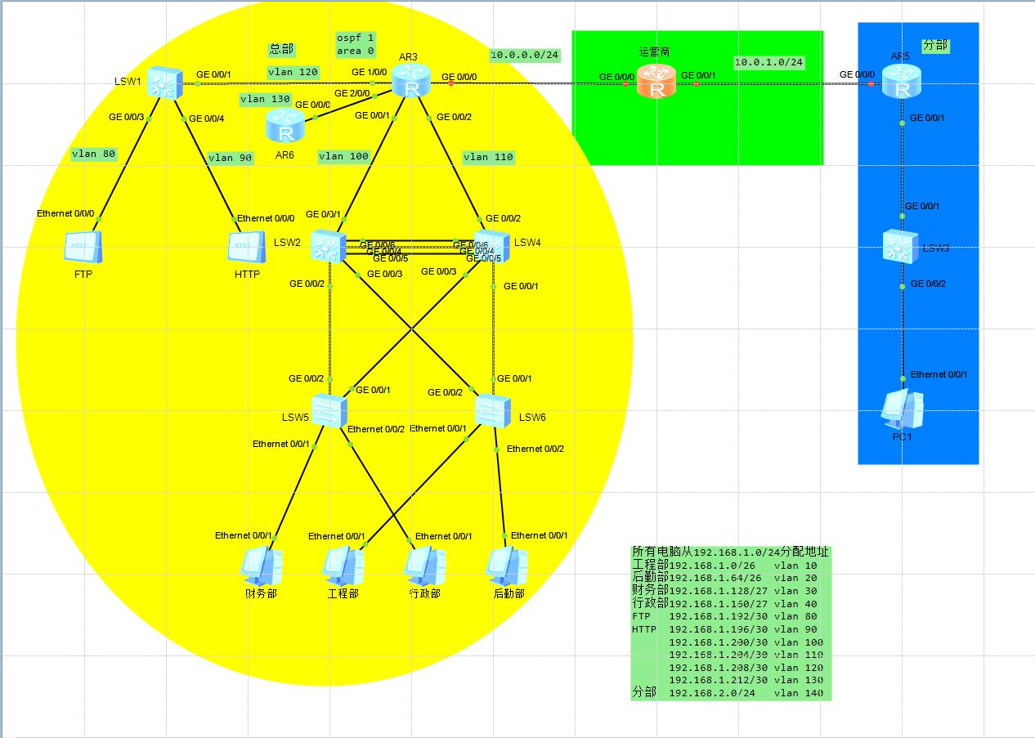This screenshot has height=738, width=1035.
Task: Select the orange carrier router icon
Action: [656, 83]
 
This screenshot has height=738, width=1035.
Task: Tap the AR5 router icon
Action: [902, 83]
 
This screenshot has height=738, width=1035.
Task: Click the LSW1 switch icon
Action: [166, 83]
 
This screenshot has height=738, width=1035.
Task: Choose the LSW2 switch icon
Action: [329, 246]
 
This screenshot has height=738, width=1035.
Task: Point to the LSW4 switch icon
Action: [492, 246]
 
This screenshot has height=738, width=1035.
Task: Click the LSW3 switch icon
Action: [902, 246]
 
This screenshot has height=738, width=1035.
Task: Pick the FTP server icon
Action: [83, 246]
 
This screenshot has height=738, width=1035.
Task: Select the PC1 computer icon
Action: [902, 409]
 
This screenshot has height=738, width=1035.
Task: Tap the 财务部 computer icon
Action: [262, 565]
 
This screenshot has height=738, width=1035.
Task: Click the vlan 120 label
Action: [293, 72]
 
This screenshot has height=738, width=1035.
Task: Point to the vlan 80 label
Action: [93, 153]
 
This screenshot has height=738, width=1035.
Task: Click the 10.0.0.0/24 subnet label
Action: [525, 56]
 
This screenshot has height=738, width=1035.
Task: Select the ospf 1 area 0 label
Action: [355, 44]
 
